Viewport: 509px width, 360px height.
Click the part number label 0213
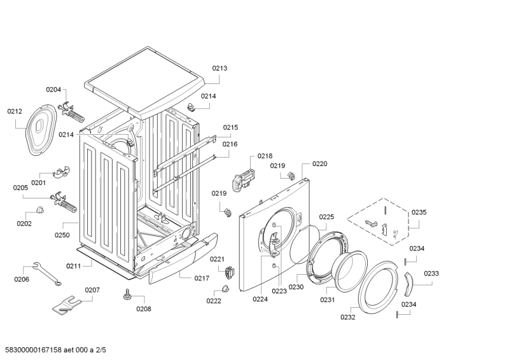click(x=220, y=68)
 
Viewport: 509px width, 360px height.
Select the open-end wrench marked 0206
click(x=45, y=273)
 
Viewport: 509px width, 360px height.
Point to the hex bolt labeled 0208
click(x=127, y=294)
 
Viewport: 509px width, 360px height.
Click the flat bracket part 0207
click(x=69, y=304)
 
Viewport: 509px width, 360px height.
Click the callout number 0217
click(x=202, y=278)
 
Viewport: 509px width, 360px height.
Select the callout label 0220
click(x=319, y=163)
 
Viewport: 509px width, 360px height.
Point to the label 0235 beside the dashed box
click(x=419, y=212)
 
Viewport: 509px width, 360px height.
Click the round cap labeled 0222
click(x=225, y=290)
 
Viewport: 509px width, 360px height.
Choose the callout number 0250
click(x=62, y=235)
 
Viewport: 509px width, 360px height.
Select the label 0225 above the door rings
click(x=326, y=217)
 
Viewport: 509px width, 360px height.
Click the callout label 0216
click(x=230, y=144)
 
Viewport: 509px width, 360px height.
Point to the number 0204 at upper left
click(x=53, y=90)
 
